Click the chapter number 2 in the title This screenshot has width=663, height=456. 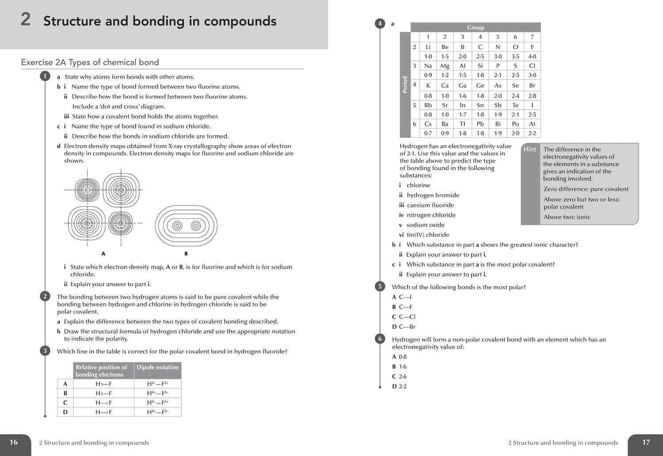[x=26, y=20]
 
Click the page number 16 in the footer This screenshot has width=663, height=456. [x=14, y=442]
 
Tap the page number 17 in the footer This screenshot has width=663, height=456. [x=646, y=442]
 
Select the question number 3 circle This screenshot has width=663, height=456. [x=45, y=351]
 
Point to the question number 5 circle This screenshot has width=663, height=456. [x=380, y=286]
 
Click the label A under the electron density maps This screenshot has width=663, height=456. [x=103, y=254]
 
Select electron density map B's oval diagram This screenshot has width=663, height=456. [x=186, y=226]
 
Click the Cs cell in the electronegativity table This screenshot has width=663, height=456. [x=428, y=124]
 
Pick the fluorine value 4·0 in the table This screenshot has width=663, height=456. [x=532, y=57]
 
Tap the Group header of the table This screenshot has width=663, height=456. [x=476, y=27]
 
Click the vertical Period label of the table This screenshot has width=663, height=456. [x=405, y=85]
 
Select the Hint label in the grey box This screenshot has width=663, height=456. [x=530, y=149]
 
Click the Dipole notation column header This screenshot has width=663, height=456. [x=157, y=367]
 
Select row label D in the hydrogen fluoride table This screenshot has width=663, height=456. [x=65, y=412]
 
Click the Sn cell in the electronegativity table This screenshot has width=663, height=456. [x=480, y=105]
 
